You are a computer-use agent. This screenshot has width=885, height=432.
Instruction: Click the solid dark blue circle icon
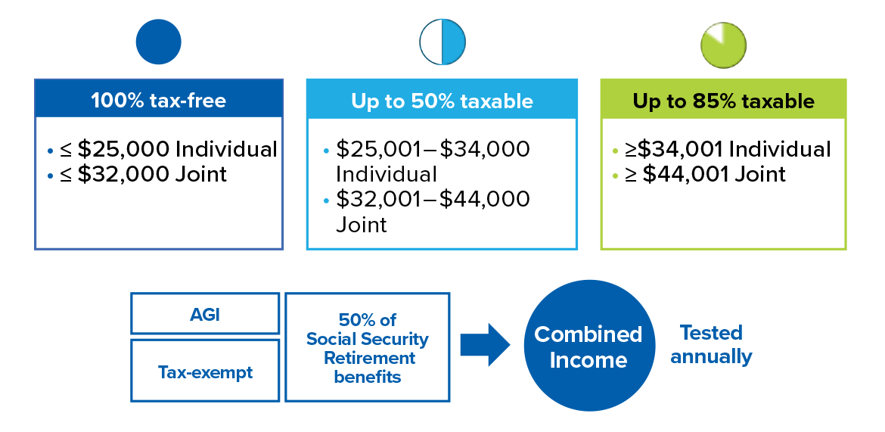tap(159, 42)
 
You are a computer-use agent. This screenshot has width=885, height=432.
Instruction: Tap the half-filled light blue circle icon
tap(442, 42)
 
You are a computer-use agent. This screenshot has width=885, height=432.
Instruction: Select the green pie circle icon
tap(724, 45)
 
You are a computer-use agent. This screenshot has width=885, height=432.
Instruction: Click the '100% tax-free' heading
tap(159, 101)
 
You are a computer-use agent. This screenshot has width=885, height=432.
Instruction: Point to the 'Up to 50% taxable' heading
tap(442, 101)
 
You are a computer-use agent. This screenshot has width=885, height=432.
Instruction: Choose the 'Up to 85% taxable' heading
tap(724, 101)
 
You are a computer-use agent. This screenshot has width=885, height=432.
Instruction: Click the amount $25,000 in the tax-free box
tap(123, 150)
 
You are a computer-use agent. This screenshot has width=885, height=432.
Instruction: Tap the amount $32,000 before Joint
tap(123, 175)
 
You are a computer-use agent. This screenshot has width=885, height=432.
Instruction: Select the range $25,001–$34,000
tap(433, 150)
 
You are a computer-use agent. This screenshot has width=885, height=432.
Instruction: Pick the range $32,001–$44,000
tap(433, 199)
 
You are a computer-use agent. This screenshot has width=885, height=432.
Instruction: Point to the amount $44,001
tap(686, 175)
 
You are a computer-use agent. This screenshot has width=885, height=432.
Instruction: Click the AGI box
tap(205, 313)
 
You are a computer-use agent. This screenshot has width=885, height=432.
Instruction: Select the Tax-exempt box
tap(205, 371)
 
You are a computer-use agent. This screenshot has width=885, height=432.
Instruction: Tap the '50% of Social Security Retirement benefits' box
tap(368, 347)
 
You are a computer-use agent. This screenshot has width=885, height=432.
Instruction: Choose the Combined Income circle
tap(588, 346)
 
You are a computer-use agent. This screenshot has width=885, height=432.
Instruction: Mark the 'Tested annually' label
tap(711, 344)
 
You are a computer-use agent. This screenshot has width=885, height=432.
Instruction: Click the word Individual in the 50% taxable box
tap(387, 175)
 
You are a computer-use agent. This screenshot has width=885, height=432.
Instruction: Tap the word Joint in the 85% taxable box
tap(759, 175)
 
